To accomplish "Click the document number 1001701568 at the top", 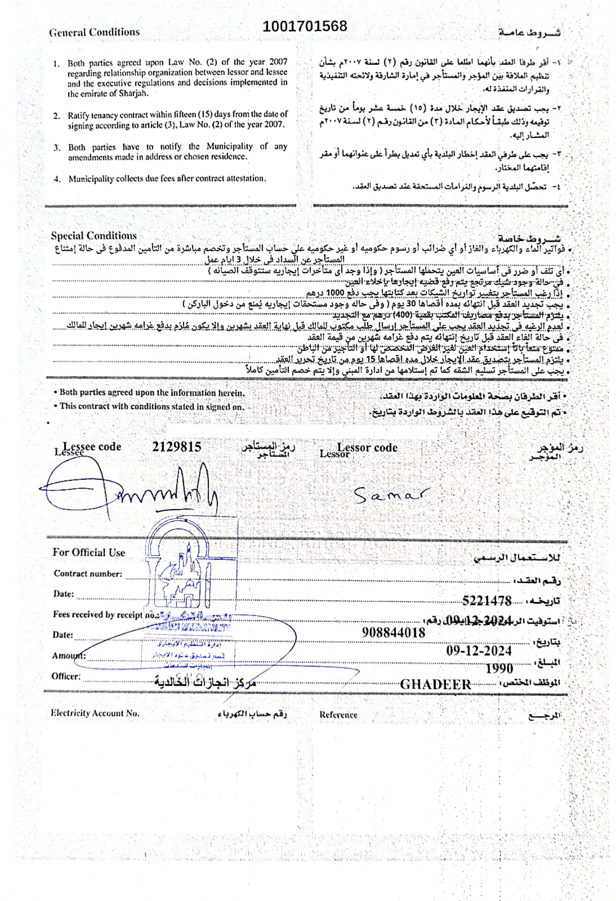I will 305,26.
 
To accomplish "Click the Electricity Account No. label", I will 95,713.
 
